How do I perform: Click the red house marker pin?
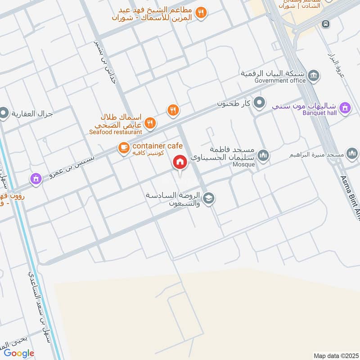click(x=180, y=162)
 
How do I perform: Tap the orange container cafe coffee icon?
click(x=124, y=147)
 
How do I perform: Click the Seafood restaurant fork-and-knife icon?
click(x=150, y=123)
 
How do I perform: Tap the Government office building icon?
click(x=315, y=75)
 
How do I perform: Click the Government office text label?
click(x=280, y=81)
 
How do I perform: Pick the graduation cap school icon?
click(x=209, y=198)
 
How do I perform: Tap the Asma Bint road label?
click(x=351, y=194)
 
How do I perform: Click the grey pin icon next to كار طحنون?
click(x=259, y=103)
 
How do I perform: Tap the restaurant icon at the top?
click(x=202, y=13)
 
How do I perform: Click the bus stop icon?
click(x=325, y=23)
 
